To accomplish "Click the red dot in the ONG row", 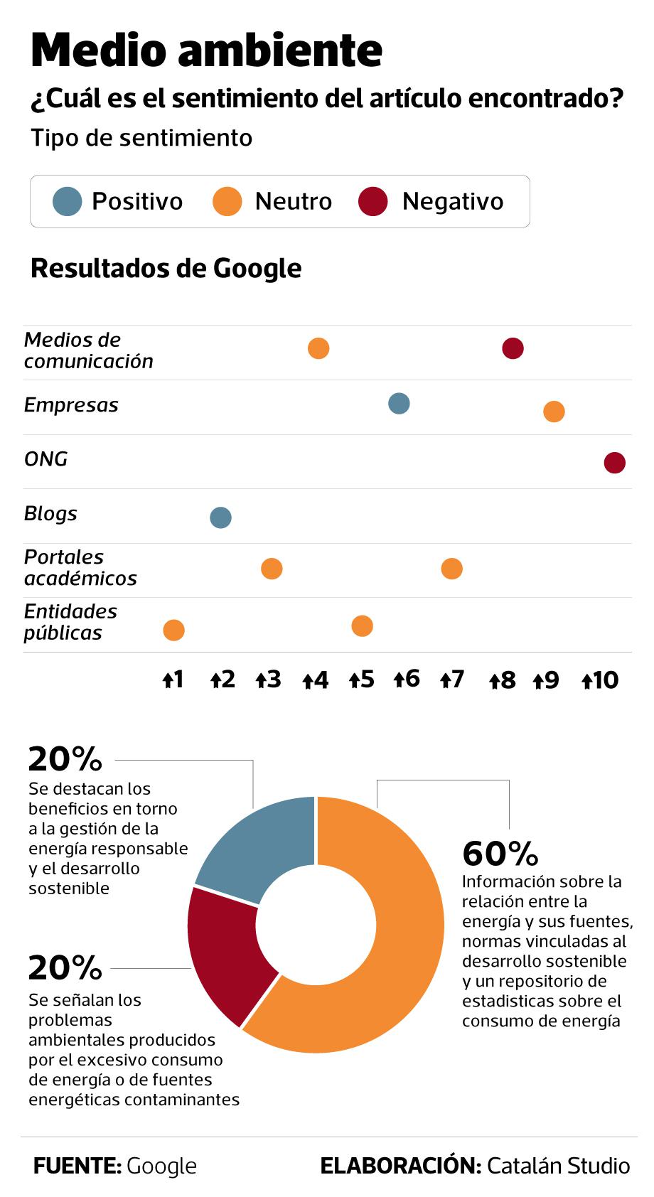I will [614, 463].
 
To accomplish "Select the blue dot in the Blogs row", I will [220, 517].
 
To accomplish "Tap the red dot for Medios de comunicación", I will [513, 348].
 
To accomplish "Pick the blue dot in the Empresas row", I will [399, 404].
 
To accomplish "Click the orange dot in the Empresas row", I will [554, 411].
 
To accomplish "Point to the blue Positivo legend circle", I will [68, 201].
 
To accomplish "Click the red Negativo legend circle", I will [373, 201].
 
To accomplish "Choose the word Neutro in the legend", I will [293, 202].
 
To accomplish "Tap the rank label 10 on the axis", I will [601, 681].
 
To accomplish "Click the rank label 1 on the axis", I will [173, 680].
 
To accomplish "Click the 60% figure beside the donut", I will [500, 854].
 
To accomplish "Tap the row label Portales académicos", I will [80, 567].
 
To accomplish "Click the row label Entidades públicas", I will [70, 622].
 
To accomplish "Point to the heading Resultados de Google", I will [166, 269].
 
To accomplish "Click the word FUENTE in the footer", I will [77, 1166].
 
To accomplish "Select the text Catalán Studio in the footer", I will [558, 1166].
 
